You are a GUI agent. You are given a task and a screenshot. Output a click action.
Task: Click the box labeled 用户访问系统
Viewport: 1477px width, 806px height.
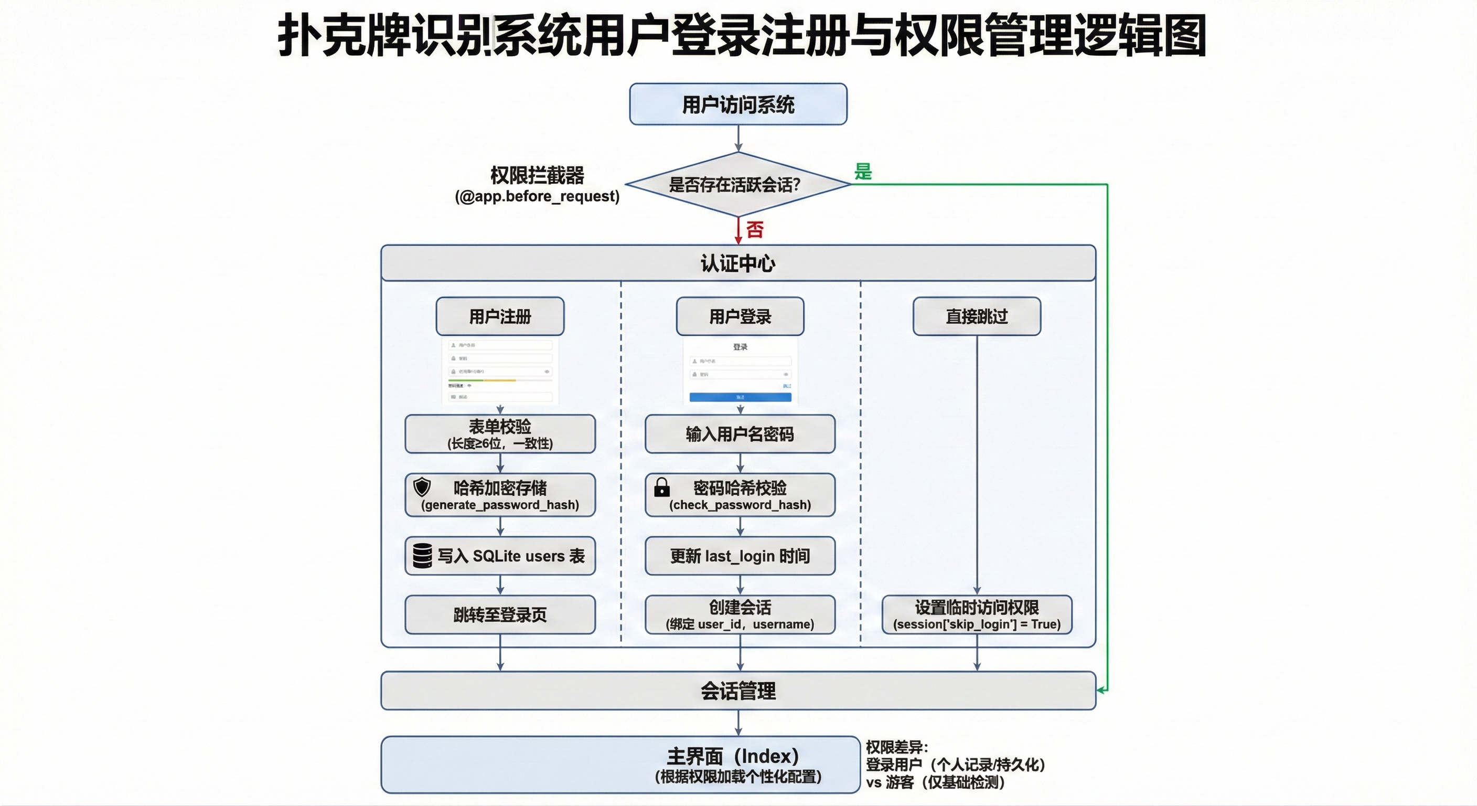click(738, 104)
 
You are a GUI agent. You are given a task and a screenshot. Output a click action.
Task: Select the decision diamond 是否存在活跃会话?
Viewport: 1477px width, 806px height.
click(738, 185)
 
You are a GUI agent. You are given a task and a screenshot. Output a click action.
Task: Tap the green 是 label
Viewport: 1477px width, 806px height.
click(862, 172)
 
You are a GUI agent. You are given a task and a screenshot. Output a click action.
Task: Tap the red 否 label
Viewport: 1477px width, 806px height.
click(755, 229)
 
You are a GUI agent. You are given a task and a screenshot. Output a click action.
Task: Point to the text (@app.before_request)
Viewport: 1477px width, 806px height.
click(537, 196)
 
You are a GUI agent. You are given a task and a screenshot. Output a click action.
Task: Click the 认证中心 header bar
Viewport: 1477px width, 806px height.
click(738, 263)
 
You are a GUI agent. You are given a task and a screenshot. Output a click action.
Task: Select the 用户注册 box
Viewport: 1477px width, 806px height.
click(500, 316)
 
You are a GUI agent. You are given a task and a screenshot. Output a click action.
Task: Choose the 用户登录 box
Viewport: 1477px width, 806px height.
click(740, 316)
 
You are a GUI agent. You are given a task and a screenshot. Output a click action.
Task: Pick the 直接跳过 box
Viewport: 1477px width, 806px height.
click(977, 316)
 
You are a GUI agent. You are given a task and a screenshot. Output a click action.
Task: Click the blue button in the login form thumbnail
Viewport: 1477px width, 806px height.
click(740, 397)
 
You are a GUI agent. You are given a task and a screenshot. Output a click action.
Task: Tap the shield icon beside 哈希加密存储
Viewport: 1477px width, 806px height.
click(422, 487)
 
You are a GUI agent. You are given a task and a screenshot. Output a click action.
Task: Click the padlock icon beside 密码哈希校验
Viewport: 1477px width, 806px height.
click(662, 487)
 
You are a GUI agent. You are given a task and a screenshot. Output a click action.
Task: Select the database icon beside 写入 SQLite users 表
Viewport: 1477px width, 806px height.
click(423, 555)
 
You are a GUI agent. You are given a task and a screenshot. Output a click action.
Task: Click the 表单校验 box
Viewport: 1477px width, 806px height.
click(500, 433)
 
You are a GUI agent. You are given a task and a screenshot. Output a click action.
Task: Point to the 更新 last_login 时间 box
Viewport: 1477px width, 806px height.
click(740, 555)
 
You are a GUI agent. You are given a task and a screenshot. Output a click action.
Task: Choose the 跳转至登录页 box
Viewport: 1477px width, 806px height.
click(500, 614)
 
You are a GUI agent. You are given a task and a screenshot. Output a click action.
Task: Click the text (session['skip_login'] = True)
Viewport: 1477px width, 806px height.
click(977, 624)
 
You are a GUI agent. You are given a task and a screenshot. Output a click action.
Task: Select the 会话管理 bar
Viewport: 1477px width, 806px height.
click(738, 691)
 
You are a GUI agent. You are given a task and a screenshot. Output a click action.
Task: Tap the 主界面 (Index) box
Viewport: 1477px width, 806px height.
click(620, 765)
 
